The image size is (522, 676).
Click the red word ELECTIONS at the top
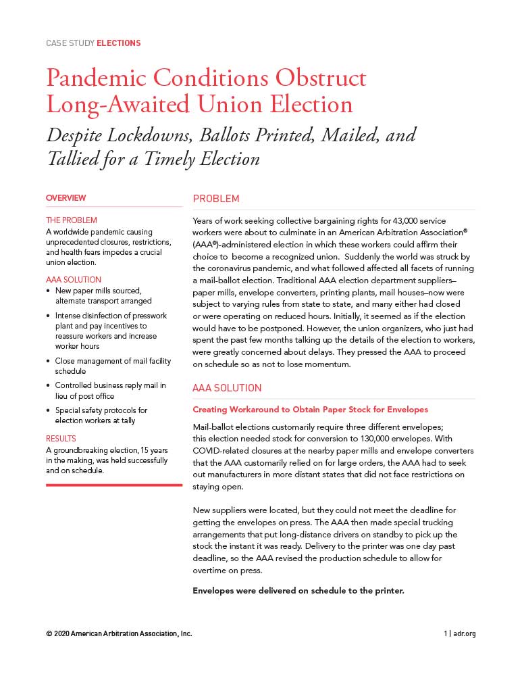pyautogui.click(x=118, y=43)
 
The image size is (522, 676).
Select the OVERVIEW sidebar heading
pyautogui.click(x=66, y=198)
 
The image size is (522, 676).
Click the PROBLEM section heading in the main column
pyautogui.click(x=216, y=199)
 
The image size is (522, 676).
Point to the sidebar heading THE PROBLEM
pyautogui.click(x=71, y=220)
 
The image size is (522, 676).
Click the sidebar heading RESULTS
pyautogui.click(x=61, y=439)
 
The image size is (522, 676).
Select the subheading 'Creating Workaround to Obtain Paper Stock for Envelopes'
pyautogui.click(x=310, y=410)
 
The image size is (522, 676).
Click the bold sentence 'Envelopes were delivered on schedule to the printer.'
pyautogui.click(x=298, y=590)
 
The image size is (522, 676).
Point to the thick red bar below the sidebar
pyautogui.click(x=113, y=485)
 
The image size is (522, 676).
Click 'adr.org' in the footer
pyautogui.click(x=465, y=634)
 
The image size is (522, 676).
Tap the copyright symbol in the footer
pyautogui.click(x=49, y=634)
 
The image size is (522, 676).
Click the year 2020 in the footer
pyautogui.click(x=61, y=634)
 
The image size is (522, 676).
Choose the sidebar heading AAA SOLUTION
pyautogui.click(x=73, y=280)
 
